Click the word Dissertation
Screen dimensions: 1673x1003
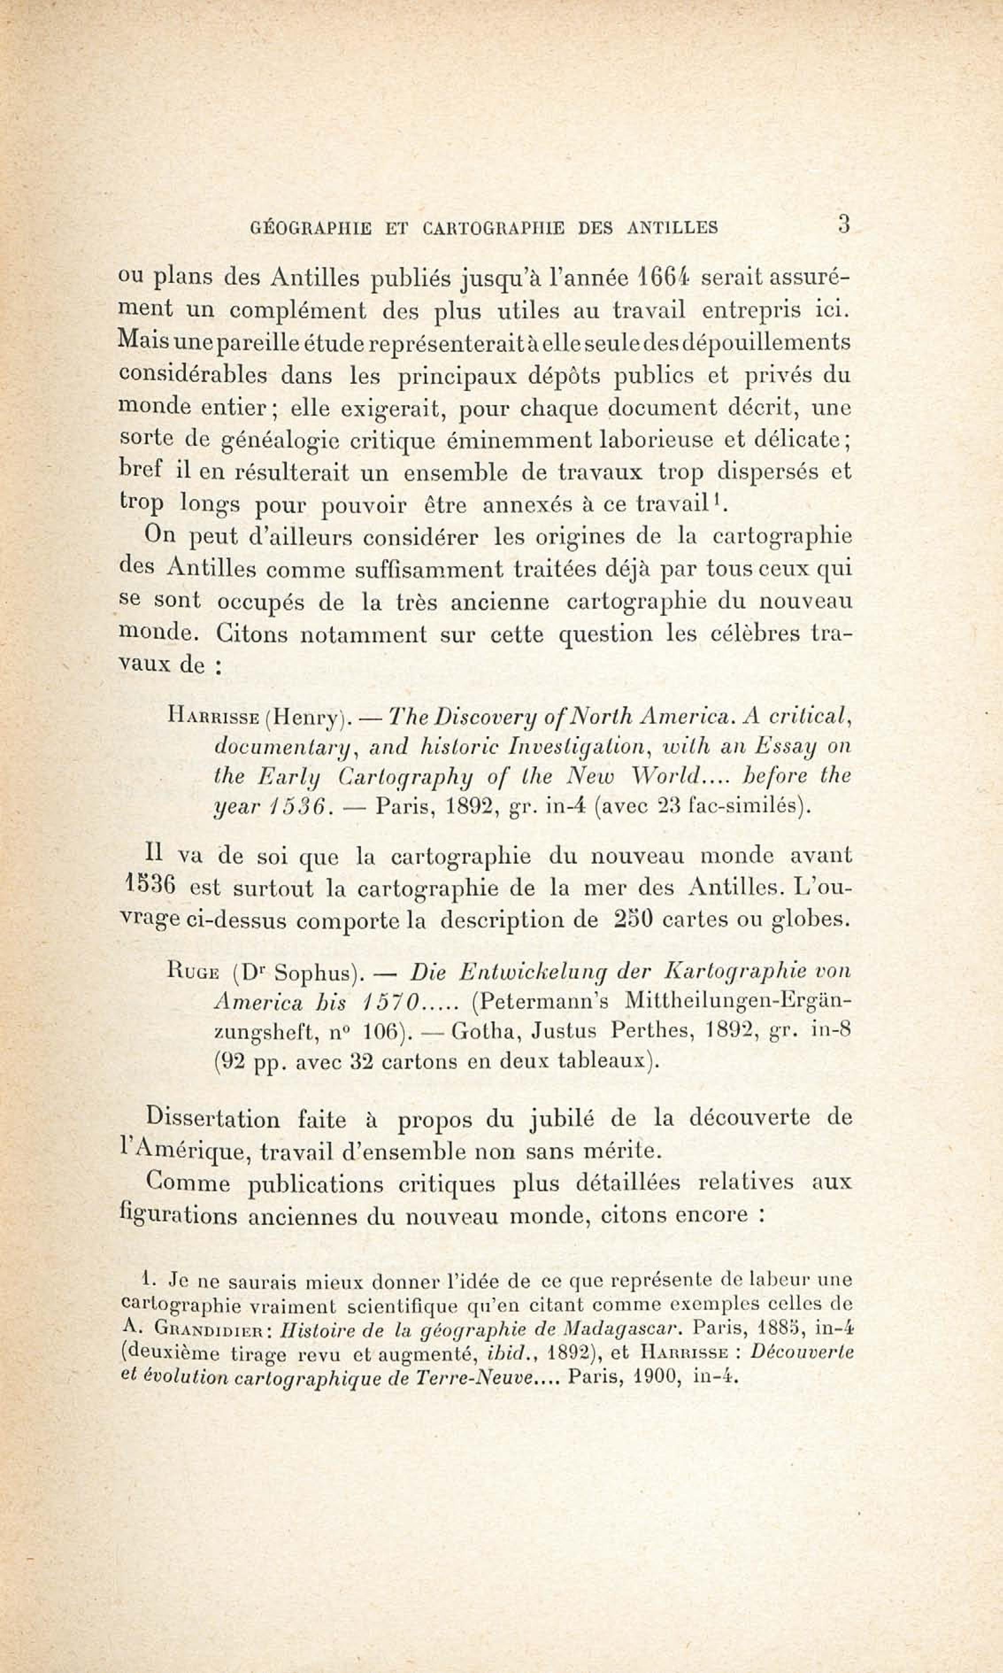(213, 1118)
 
